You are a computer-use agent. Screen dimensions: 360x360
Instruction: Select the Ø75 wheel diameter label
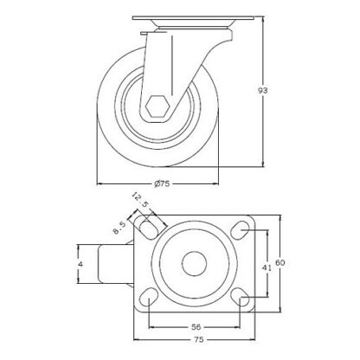coord(161,183)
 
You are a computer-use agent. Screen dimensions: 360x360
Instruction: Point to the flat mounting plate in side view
coord(185,20)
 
